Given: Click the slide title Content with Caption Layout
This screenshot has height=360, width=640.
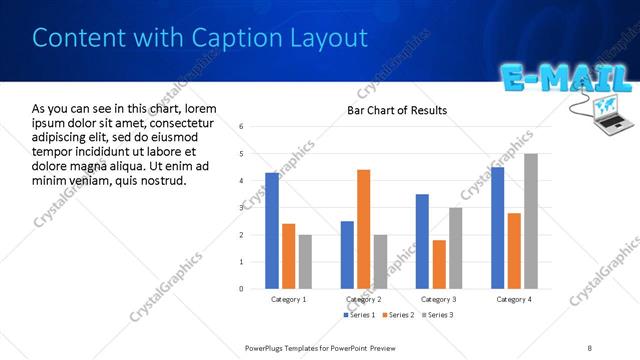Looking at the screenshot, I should (x=200, y=38).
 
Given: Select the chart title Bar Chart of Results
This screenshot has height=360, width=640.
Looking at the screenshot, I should (x=397, y=110).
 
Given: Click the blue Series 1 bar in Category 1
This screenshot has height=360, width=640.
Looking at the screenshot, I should (x=272, y=230).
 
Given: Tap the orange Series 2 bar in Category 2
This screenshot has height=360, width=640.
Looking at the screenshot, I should (x=363, y=229).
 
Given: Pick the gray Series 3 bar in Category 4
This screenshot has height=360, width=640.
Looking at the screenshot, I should (x=531, y=221).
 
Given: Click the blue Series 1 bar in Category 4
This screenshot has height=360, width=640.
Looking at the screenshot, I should (x=498, y=227).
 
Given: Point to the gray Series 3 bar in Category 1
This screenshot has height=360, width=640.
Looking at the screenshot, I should (x=305, y=261).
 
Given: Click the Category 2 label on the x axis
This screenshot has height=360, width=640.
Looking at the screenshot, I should (x=364, y=299).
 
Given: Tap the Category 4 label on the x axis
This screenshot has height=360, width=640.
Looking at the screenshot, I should (x=514, y=299).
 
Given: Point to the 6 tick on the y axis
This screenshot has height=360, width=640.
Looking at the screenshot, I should (x=242, y=127).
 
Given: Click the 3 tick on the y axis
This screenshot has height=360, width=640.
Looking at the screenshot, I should (x=242, y=207).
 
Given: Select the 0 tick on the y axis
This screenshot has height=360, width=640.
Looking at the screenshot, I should (x=242, y=288).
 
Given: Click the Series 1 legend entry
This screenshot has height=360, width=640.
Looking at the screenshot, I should (x=359, y=315).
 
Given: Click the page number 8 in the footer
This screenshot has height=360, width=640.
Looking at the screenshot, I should (x=590, y=347).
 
